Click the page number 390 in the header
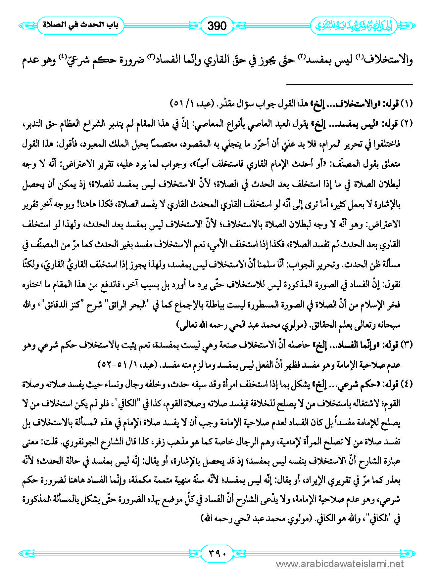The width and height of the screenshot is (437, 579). click(217, 25)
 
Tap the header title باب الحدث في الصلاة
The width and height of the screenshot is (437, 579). click(80, 25)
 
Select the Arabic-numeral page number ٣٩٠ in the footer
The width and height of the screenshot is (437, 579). click(217, 553)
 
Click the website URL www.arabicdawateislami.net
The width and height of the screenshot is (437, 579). click(340, 564)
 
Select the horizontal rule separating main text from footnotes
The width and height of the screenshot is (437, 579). click(349, 85)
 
